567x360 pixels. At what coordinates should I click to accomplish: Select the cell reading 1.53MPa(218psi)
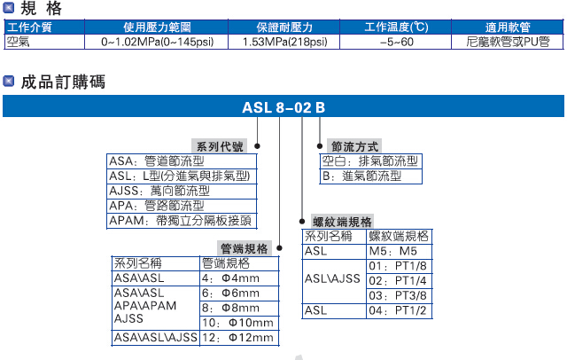[284, 41]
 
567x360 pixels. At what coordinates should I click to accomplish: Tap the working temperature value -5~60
[396, 41]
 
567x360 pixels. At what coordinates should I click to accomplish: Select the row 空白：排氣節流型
[369, 161]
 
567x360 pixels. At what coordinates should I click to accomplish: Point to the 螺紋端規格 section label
[343, 221]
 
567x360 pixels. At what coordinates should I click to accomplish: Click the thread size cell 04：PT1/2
[397, 311]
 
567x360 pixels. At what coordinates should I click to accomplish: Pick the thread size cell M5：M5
[397, 252]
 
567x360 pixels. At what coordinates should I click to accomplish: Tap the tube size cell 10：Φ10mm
[238, 323]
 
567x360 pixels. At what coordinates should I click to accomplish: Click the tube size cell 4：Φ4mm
[238, 278]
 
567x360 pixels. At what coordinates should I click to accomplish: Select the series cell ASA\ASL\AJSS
[155, 337]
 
